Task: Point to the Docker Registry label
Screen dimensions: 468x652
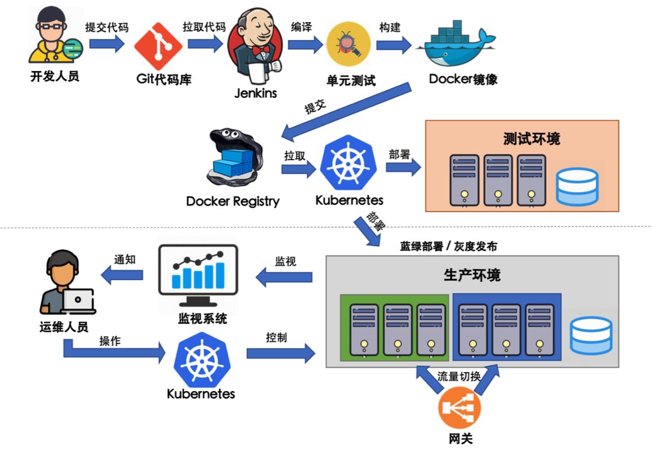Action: [x=233, y=201]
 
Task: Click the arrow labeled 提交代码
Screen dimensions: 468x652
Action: [x=107, y=44]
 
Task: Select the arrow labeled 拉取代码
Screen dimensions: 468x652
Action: [x=205, y=44]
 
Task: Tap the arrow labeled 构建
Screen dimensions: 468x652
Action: [x=394, y=44]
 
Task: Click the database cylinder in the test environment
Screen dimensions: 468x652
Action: [x=577, y=187]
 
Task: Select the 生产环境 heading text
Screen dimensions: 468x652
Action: [x=472, y=275]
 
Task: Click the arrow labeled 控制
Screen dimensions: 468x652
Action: [x=281, y=353]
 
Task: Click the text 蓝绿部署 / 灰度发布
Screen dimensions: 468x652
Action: [x=448, y=246]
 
